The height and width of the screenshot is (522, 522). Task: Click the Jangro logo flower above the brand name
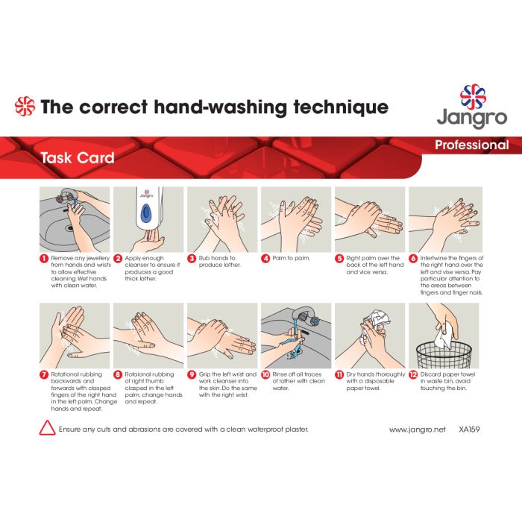click(x=473, y=96)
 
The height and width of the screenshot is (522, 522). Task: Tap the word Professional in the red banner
click(x=472, y=145)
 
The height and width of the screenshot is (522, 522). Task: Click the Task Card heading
click(x=78, y=157)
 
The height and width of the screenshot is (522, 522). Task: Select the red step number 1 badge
click(x=44, y=258)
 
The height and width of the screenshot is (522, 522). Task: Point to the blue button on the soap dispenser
click(x=146, y=214)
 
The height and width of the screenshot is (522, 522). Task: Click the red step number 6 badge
click(x=413, y=258)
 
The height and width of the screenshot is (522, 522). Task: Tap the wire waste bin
click(x=444, y=355)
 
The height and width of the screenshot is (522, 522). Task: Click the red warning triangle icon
click(x=47, y=428)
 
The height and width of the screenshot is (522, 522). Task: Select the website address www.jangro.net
click(x=417, y=430)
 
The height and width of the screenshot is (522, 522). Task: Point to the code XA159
click(x=469, y=430)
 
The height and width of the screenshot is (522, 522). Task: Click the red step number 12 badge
click(x=413, y=374)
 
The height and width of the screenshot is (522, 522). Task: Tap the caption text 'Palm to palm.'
click(x=292, y=258)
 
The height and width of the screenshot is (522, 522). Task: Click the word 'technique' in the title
click(x=341, y=107)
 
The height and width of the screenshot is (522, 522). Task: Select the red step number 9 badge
click(x=192, y=374)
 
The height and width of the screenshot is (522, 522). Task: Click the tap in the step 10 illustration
click(x=304, y=316)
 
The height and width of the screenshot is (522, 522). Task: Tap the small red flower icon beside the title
click(x=25, y=106)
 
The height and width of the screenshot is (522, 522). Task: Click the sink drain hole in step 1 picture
click(x=69, y=228)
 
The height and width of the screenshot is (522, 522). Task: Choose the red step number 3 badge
click(x=192, y=258)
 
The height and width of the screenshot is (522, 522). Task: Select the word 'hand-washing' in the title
click(x=220, y=107)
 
